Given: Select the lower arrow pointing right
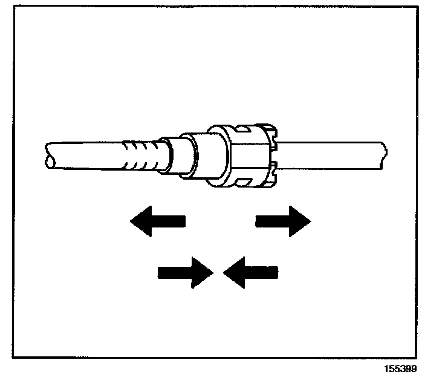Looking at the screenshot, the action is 184,272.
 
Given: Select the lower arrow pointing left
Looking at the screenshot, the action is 251,272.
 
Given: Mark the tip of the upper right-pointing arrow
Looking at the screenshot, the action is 310,221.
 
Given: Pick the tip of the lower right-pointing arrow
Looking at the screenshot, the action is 212,272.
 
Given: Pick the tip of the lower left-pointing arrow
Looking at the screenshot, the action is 224,272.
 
